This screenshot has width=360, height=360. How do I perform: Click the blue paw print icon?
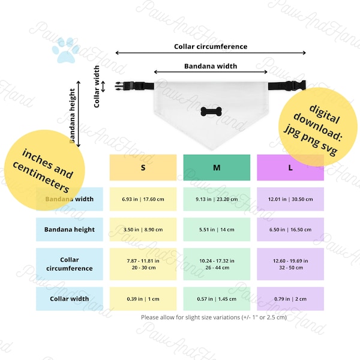[66, 50]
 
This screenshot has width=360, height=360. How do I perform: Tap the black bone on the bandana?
[211, 112]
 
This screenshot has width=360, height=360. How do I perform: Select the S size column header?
[143, 168]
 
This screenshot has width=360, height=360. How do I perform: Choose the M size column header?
[217, 168]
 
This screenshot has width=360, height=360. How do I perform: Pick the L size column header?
[290, 168]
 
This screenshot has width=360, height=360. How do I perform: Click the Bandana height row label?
[70, 229]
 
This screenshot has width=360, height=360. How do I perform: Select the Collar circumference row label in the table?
[70, 264]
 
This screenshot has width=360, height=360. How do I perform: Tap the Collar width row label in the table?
[70, 299]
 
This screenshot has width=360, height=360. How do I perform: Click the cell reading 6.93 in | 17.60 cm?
[143, 199]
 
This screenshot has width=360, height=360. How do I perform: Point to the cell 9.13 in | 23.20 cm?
[217, 199]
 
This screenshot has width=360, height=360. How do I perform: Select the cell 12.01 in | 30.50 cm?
[290, 199]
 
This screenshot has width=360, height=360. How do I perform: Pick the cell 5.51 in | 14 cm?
[217, 229]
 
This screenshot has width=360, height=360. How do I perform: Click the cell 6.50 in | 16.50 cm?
[290, 229]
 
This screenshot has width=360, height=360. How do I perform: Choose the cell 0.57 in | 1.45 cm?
[217, 299]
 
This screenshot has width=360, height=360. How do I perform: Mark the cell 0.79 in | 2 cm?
[290, 299]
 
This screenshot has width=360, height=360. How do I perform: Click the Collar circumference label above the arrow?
[211, 46]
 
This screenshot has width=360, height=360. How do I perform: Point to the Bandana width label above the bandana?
[211, 66]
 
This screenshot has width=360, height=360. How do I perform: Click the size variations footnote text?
[214, 317]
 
